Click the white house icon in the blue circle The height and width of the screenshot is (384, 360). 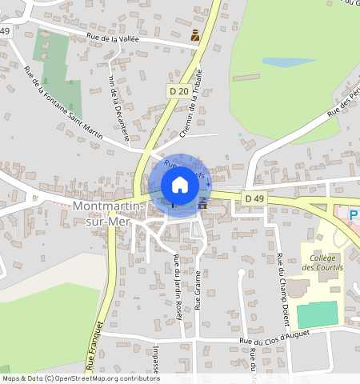[180, 184]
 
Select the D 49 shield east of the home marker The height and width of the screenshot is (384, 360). [254, 198]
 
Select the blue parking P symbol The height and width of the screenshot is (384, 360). [354, 216]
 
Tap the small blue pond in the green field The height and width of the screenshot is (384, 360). [278, 62]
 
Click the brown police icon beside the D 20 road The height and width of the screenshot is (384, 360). [195, 35]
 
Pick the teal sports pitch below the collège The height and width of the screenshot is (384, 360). [318, 314]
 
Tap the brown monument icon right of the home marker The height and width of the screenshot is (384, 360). [202, 203]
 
